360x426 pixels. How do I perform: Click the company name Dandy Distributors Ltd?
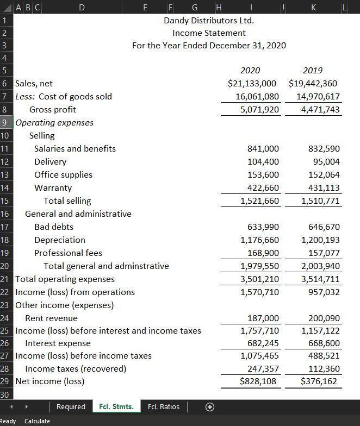[x=209, y=21]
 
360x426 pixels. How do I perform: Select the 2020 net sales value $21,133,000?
[x=252, y=84]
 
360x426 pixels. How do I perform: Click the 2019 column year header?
[x=312, y=70]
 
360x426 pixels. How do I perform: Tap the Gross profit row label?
[x=53, y=110]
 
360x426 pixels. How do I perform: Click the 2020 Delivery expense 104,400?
[x=263, y=162]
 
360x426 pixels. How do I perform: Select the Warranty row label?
[x=53, y=188]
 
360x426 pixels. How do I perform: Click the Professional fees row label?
[x=68, y=253]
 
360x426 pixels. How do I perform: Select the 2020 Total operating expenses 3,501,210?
[x=259, y=279]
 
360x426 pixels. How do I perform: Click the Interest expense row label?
[x=58, y=343]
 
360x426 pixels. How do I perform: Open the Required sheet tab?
[x=71, y=406]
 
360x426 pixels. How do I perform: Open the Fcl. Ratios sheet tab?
[x=164, y=406]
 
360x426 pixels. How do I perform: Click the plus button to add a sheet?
[x=209, y=406]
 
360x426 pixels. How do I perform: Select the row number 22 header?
[x=5, y=292]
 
